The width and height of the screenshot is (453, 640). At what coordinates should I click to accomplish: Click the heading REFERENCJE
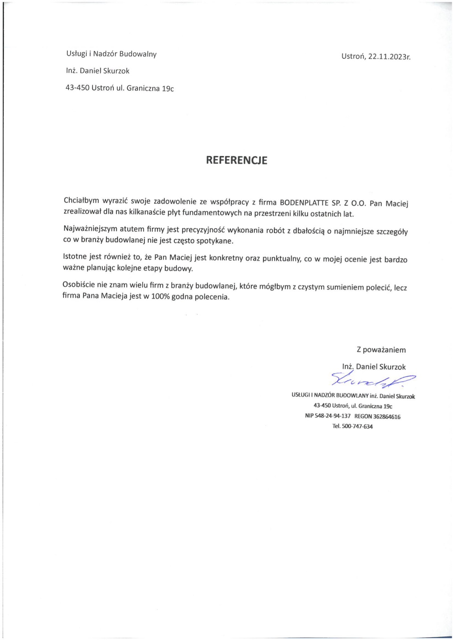pos(237,160)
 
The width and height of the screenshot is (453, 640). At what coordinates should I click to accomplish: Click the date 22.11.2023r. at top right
pos(389,57)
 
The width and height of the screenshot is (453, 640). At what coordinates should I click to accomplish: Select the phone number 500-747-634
pos(357,426)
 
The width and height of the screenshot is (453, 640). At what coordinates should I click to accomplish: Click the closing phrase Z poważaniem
pos(381,350)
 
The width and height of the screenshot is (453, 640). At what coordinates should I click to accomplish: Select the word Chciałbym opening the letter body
pos(82,200)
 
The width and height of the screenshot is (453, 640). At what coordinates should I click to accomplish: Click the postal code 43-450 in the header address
pos(78,88)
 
